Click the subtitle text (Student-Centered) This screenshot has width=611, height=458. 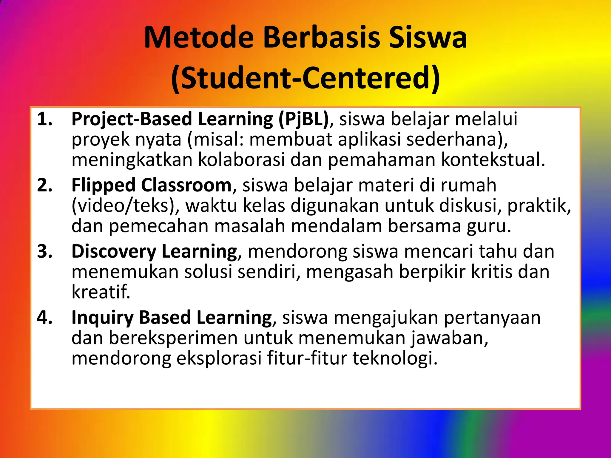pos(305,78)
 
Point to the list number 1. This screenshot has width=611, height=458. pos(45,119)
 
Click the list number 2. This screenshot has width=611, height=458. pos(45,185)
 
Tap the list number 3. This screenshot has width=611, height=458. pos(45,252)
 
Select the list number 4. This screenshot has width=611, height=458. pos(45,318)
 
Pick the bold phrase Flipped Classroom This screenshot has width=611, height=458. pos(152,185)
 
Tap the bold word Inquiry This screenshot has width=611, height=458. pos(102,318)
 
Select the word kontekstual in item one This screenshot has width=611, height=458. pos(493,160)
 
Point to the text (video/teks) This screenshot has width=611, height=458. pos(126,206)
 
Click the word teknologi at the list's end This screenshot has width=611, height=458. pos(395,358)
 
